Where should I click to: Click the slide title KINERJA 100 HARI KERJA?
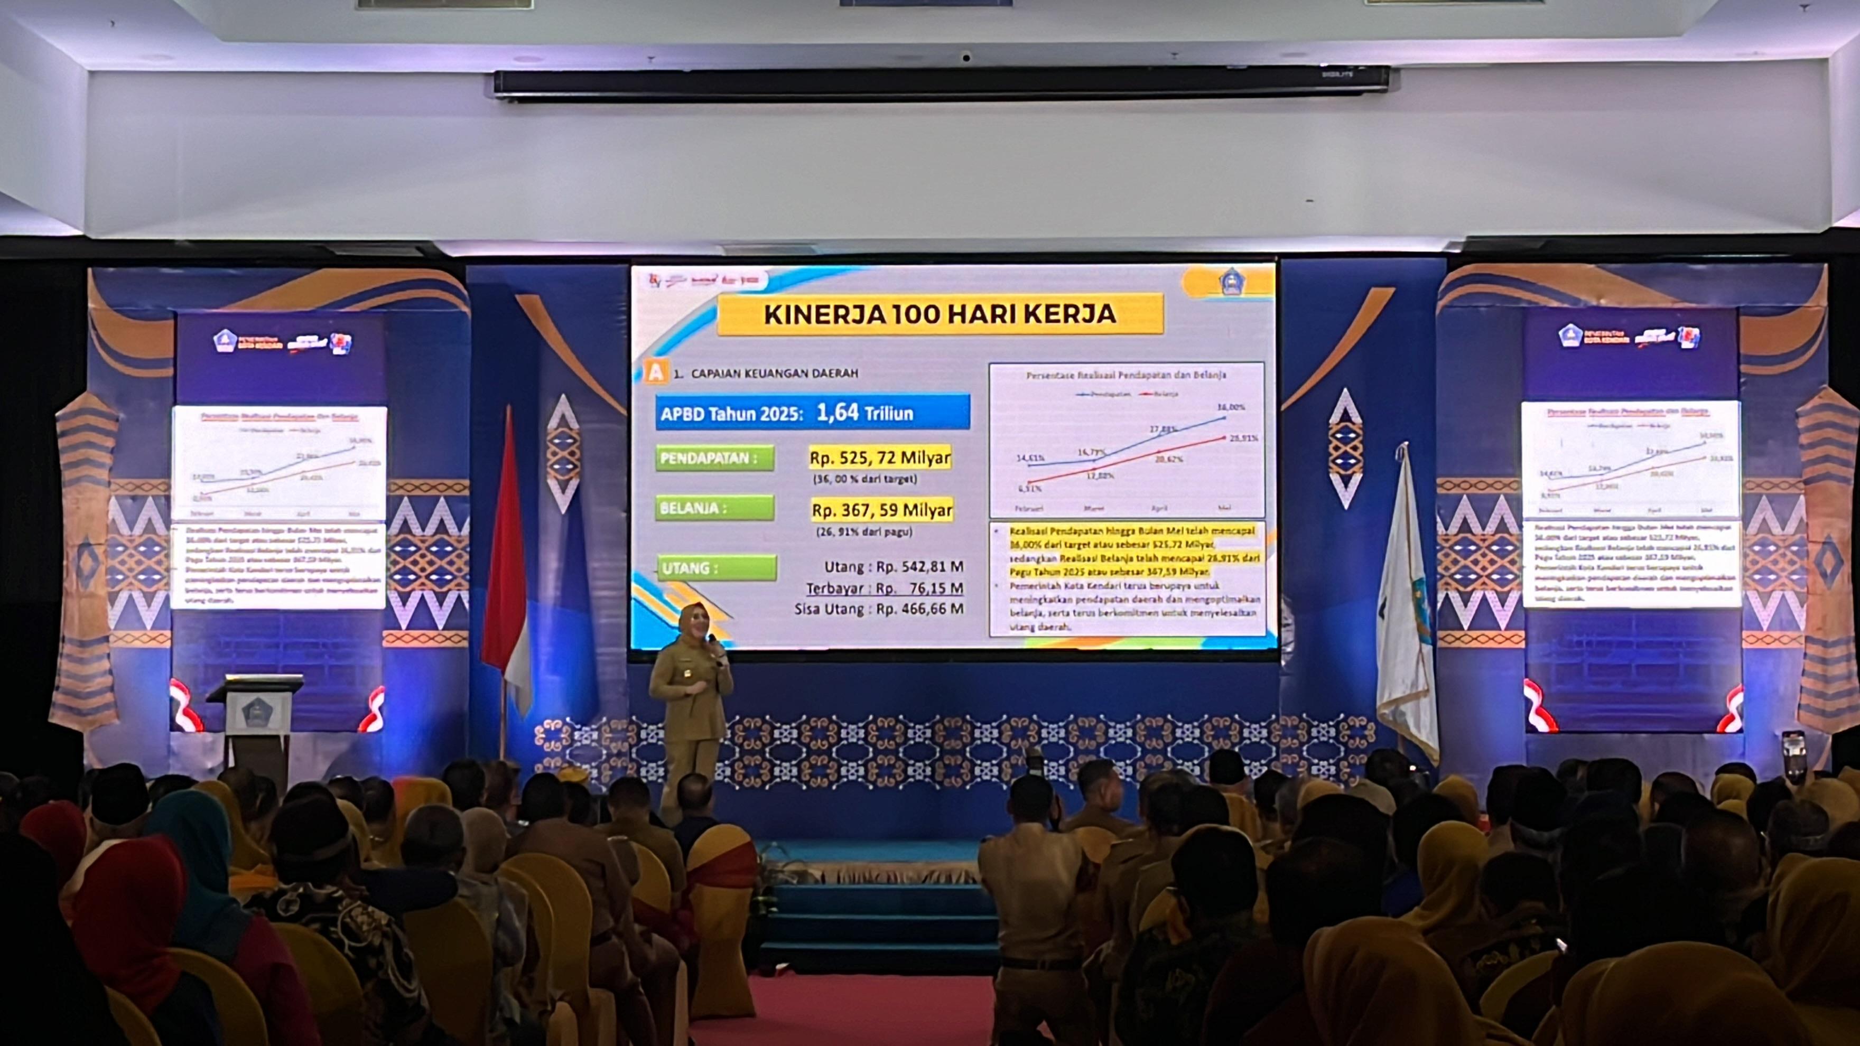pyautogui.click(x=940, y=314)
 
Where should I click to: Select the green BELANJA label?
pyautogui.click(x=714, y=508)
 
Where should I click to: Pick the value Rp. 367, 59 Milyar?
pyautogui.click(x=881, y=510)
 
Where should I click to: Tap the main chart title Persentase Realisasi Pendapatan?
pyautogui.click(x=1126, y=375)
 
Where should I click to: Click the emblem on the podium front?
pyautogui.click(x=256, y=711)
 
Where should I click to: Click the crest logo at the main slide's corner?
pyautogui.click(x=1231, y=282)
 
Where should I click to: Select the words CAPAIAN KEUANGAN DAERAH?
pyautogui.click(x=774, y=373)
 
